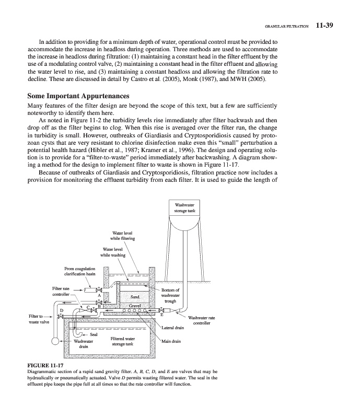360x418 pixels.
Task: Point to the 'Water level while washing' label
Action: tap(114, 252)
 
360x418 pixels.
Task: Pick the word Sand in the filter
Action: tap(134, 296)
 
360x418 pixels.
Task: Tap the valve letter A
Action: tap(99, 296)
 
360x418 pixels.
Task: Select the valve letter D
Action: tap(61, 311)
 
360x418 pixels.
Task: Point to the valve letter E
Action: tap(161, 314)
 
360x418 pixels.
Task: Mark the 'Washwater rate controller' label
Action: tap(201, 320)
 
